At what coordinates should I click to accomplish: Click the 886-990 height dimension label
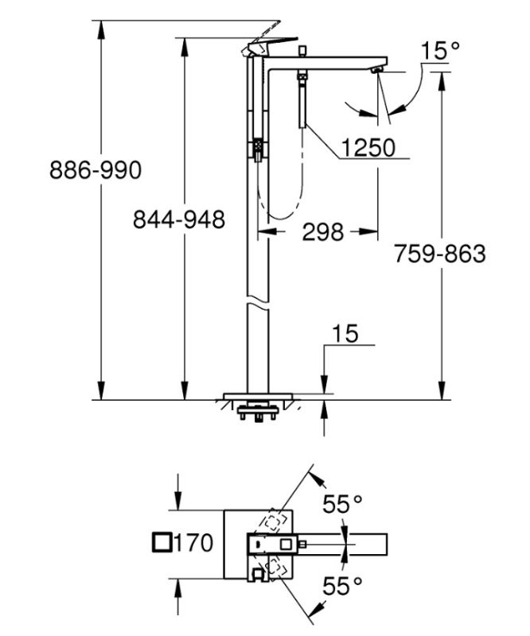(x=95, y=169)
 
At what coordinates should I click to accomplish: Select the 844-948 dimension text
(x=178, y=219)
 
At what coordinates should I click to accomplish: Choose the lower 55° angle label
(x=342, y=587)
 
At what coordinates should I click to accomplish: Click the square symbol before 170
(x=161, y=544)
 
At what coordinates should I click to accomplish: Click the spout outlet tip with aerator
(x=376, y=72)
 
